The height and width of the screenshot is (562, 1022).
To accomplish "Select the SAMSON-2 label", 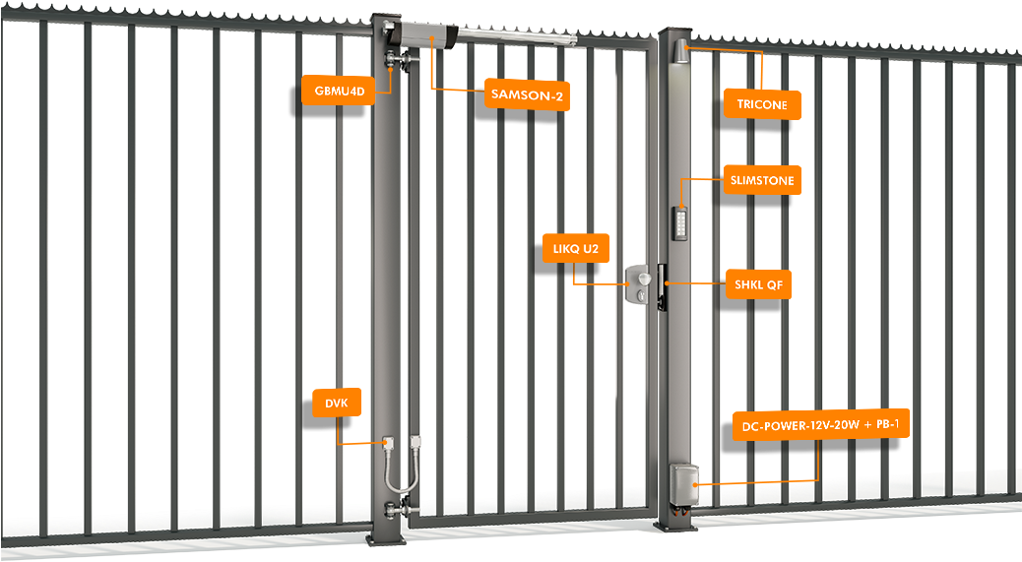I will [527, 95].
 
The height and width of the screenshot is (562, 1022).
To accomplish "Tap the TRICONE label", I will [761, 103].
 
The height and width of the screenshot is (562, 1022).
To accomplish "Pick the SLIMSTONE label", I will [761, 180].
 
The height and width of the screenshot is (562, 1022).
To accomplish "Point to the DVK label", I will [337, 403].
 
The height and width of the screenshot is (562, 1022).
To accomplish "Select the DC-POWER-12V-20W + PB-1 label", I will [821, 426].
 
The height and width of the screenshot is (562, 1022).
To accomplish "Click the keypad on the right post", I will [680, 221].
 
